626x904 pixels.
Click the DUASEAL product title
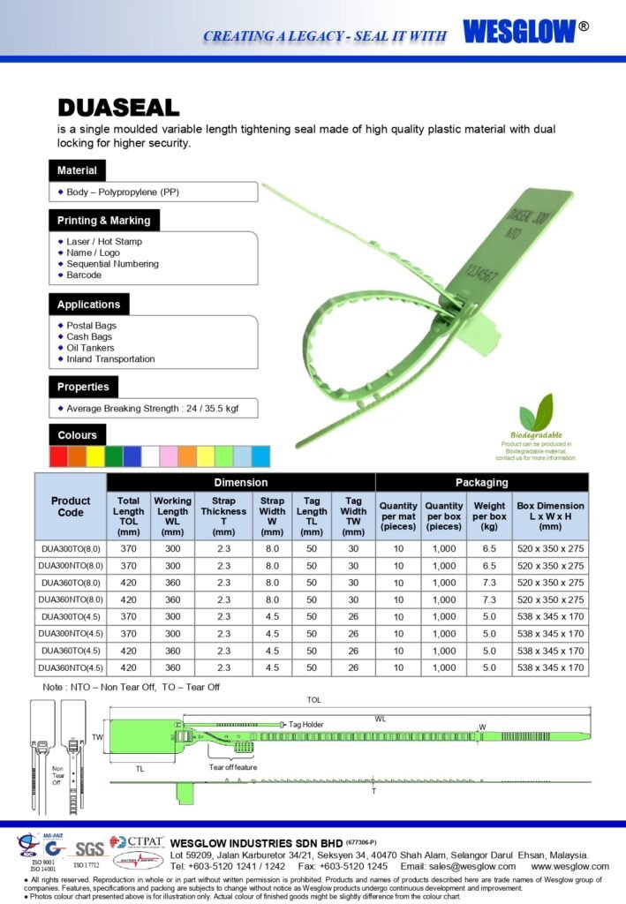pos(118,109)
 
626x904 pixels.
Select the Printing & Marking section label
pos(103,221)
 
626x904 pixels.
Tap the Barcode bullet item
pos(84,275)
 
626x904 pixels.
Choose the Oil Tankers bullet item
pos(92,348)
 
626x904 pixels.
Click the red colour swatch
pos(58,456)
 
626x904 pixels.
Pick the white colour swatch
pos(150,456)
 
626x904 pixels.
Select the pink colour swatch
pos(169,456)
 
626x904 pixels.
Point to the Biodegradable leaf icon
pos(536,412)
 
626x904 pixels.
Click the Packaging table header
pos(481,483)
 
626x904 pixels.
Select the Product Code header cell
pos(71,507)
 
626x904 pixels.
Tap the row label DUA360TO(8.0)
pos(71,583)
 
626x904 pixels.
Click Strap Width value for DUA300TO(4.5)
pos(272,617)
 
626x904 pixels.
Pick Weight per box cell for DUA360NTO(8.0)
pos(489,599)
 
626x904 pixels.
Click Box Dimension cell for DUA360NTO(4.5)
pos(550,668)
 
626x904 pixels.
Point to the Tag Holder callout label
pos(306,724)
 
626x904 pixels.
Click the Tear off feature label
pos(233,767)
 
